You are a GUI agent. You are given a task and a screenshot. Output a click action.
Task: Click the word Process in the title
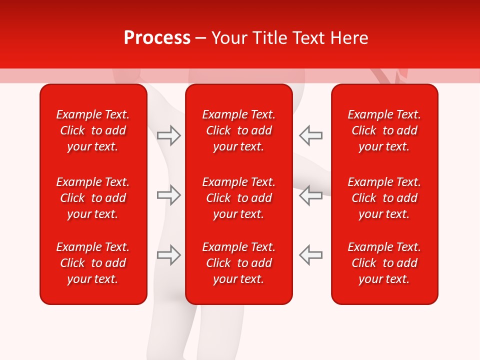point(157,38)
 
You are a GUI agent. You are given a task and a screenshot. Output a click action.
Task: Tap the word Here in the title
point(349,38)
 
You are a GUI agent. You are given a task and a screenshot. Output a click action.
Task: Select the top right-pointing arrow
point(168,135)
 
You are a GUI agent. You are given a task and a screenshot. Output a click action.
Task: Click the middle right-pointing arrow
point(168,195)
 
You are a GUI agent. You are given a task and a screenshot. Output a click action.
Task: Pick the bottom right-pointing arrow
point(168,255)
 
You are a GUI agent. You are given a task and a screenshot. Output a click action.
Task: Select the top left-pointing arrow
point(310,135)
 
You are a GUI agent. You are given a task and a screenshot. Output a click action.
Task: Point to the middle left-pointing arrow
point(310,195)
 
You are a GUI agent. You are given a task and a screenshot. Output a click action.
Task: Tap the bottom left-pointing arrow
point(310,255)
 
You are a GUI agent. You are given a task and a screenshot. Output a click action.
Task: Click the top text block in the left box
point(93,130)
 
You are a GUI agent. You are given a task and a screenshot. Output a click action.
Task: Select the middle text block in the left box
point(93,198)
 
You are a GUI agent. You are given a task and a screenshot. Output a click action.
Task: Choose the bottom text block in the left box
point(93,263)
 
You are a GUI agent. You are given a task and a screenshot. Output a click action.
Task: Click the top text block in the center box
point(239,130)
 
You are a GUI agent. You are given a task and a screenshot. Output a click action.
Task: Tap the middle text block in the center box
point(239,198)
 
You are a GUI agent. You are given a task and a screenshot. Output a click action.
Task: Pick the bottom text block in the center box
point(239,263)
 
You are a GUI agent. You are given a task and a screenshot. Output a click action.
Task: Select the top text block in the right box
point(384,130)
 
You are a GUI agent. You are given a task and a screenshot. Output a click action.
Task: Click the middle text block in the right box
point(384,198)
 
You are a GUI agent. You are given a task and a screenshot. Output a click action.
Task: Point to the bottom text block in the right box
point(384,263)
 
